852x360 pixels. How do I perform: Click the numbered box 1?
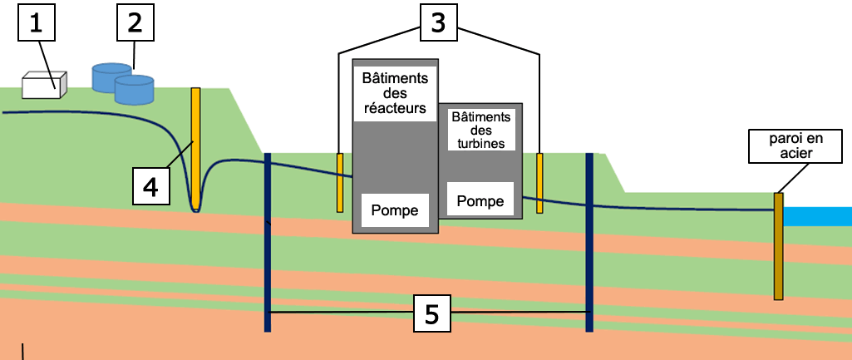click(36, 24)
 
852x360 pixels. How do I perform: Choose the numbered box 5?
click(431, 314)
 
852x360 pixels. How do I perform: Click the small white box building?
click(44, 85)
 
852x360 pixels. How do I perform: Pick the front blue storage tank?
click(134, 90)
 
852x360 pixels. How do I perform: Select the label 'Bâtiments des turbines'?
click(481, 129)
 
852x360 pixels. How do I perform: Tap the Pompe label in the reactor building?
click(396, 208)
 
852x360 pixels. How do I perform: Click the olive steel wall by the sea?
click(779, 245)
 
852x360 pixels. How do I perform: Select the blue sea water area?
click(818, 216)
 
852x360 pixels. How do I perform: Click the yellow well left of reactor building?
click(340, 182)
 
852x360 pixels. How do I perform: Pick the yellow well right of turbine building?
click(539, 183)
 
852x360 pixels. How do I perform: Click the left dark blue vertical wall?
click(268, 241)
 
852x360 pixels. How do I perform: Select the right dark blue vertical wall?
click(589, 241)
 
